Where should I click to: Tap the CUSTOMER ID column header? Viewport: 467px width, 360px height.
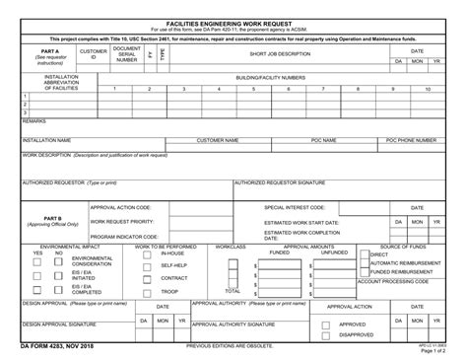point(94,54)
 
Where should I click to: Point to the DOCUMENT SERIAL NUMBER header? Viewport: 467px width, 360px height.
point(127,53)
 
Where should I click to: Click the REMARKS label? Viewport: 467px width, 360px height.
point(34,120)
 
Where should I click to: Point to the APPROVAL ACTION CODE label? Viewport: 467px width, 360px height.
point(121,208)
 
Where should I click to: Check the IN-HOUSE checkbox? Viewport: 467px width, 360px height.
point(154,253)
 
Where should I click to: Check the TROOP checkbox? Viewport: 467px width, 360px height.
point(154,291)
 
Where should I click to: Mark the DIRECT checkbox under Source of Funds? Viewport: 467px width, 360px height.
point(365,254)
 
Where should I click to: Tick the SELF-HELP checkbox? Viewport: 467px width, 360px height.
point(154,265)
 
